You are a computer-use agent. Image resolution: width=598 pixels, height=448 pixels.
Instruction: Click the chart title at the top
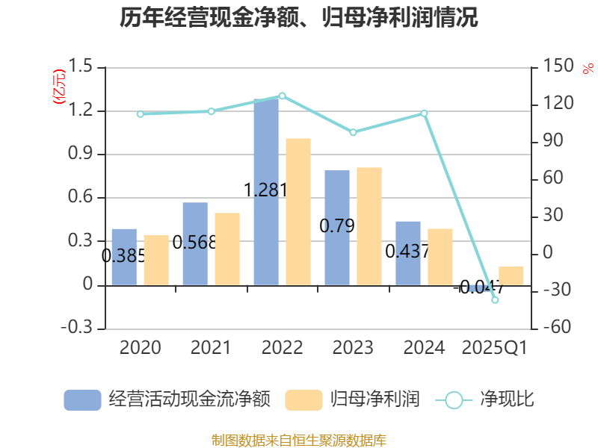click(298, 18)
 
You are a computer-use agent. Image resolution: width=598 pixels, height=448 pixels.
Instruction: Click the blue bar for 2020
click(124, 257)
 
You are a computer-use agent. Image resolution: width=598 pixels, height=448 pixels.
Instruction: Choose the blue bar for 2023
click(337, 228)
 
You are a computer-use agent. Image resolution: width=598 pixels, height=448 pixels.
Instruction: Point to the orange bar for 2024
click(440, 257)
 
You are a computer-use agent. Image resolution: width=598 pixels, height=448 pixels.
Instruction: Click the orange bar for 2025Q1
click(511, 276)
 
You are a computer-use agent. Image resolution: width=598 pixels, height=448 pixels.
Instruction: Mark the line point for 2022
click(282, 96)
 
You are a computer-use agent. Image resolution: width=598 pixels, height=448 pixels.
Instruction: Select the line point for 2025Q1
click(495, 299)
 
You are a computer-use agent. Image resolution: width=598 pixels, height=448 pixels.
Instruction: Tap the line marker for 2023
click(353, 132)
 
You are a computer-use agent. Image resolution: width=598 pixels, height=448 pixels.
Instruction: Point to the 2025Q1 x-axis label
click(495, 348)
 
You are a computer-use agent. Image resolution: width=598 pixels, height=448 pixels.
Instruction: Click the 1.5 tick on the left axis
click(83, 67)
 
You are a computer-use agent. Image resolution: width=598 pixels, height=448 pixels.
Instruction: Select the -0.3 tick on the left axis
click(80, 329)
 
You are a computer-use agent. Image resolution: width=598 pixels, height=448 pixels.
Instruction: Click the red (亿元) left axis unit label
click(58, 87)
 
